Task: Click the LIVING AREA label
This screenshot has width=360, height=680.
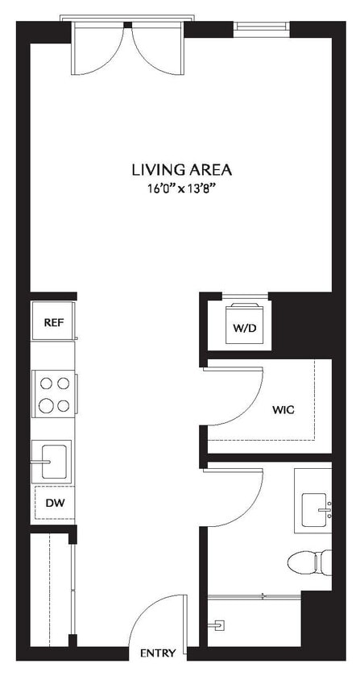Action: (x=182, y=170)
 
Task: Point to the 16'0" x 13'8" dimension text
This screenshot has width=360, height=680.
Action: (x=182, y=189)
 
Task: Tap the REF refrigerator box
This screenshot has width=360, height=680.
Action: (x=53, y=322)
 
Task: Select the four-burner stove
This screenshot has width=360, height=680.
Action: (x=53, y=394)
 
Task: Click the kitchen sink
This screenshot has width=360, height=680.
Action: (x=51, y=461)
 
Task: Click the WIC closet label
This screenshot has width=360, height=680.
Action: (x=283, y=410)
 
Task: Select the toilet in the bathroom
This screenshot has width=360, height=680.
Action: (x=310, y=562)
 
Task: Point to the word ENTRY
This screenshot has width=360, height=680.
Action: (x=157, y=653)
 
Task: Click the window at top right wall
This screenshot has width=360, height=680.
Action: (x=262, y=27)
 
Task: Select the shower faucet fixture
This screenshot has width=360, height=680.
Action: (x=217, y=624)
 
